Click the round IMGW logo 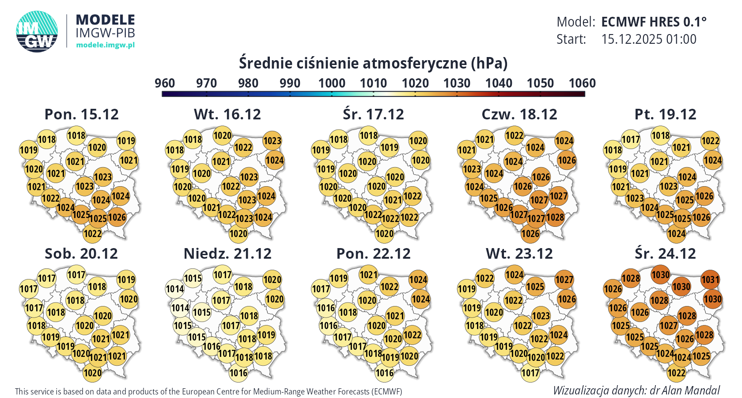pyautogui.click(x=37, y=31)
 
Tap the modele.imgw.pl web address pyautogui.click(x=105, y=45)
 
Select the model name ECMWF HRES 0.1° pyautogui.click(x=654, y=22)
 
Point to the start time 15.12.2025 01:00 pyautogui.click(x=648, y=39)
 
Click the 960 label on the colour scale pyautogui.click(x=165, y=83)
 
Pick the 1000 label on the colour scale pyautogui.click(x=332, y=83)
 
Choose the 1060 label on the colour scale pyautogui.click(x=582, y=83)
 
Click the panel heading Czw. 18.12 pyautogui.click(x=519, y=115)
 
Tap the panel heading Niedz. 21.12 pyautogui.click(x=227, y=254)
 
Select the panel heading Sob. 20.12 pyautogui.click(x=81, y=254)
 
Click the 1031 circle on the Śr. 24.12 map pyautogui.click(x=710, y=279)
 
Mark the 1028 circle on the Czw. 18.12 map pyautogui.click(x=555, y=217)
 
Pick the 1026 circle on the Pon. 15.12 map pyautogui.click(x=117, y=217)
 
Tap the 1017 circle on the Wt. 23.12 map pyautogui.click(x=530, y=373)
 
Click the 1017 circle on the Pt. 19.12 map pyautogui.click(x=631, y=140)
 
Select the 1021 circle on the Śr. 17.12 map pyautogui.click(x=393, y=200)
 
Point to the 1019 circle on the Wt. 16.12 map pyautogui.click(x=180, y=169)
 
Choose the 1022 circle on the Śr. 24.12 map pyautogui.click(x=676, y=373)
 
